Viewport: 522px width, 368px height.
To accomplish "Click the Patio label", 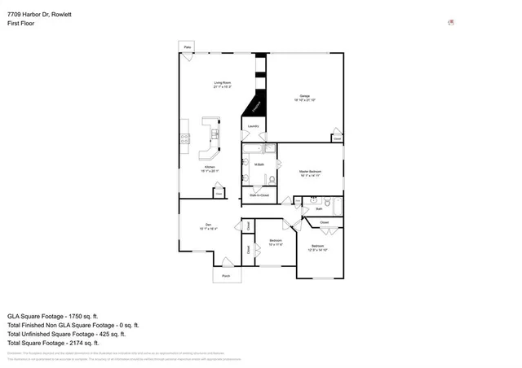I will click(x=187, y=48).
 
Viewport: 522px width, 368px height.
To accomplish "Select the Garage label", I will click(x=303, y=97).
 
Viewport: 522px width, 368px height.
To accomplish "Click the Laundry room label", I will click(x=254, y=127).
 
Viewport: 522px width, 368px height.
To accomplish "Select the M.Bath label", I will click(x=259, y=165).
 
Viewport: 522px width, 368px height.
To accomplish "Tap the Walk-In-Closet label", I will click(x=259, y=196).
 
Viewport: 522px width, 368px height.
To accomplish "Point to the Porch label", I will click(x=226, y=276).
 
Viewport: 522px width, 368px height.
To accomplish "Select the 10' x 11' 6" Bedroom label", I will click(x=276, y=242).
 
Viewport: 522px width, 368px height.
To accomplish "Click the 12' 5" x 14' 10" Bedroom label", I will click(x=317, y=247).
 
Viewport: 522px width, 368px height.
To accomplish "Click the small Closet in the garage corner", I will click(x=336, y=138).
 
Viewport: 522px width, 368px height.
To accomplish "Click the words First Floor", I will click(x=21, y=24).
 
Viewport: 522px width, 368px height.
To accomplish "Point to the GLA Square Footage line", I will click(x=53, y=316).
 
